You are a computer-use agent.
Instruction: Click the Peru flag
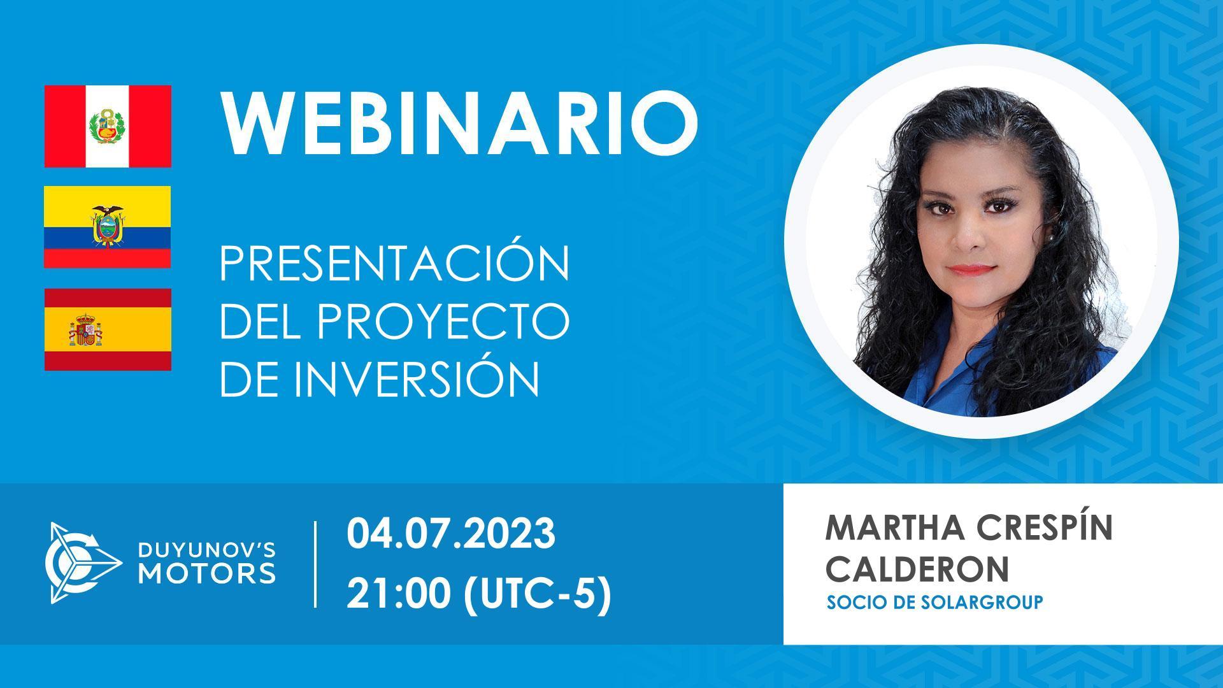108,126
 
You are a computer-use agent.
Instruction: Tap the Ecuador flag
108,227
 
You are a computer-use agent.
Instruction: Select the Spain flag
108,329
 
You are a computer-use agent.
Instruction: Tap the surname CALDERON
917,568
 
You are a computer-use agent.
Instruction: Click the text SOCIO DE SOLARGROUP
934,603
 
